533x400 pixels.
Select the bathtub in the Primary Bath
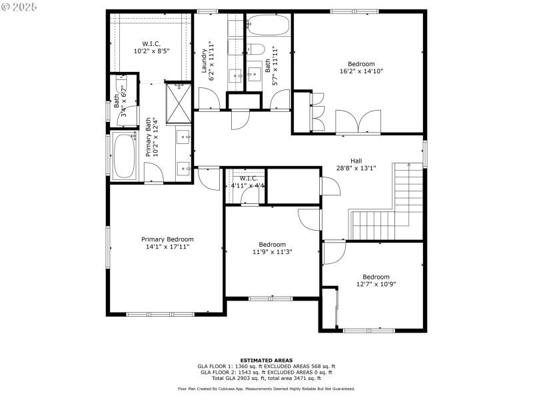coord(125,155)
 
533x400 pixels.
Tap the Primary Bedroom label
coord(167,239)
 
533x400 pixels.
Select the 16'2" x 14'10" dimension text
coord(361,71)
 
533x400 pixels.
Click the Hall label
coord(356,161)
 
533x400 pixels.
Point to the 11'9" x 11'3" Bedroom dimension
coord(272,252)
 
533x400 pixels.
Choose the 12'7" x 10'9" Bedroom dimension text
coord(376,285)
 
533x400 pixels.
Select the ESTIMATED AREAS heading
coord(266,360)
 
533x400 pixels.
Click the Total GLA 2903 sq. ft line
coord(266,377)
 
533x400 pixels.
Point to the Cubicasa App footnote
coord(266,389)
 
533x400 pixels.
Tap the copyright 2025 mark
coord(20,7)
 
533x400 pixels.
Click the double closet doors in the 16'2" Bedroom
coord(359,122)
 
